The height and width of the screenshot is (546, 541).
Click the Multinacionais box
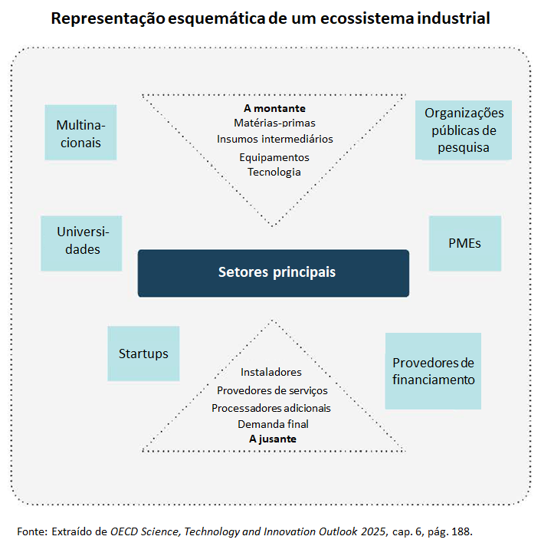pos(80,133)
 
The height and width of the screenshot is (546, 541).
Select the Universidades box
pos(81,242)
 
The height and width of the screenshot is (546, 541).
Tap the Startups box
pos(143,354)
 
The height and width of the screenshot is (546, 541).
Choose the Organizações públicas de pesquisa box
pos(463,130)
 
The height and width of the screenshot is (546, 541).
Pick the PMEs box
pos(464,243)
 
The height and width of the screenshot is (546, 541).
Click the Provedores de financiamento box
pos(433,370)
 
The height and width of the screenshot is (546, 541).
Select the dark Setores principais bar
pos(274,273)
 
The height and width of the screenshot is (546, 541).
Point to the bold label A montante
pos(274,108)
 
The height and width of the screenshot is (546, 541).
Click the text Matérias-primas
pos(274,123)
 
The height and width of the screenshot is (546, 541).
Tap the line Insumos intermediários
pos(274,140)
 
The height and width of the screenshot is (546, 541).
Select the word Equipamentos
pos(274,156)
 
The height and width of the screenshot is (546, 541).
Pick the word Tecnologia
pos(274,172)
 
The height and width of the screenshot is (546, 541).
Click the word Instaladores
pos(271,372)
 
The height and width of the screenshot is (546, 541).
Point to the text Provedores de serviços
pos(272,390)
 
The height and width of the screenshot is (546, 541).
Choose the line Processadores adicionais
pos(271,407)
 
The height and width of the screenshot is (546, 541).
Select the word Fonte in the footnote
pos(31,531)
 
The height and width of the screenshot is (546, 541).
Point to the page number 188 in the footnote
pos(461,531)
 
